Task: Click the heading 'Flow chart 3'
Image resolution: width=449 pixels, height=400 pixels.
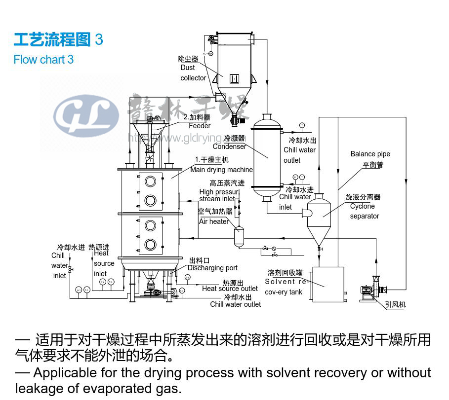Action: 43,60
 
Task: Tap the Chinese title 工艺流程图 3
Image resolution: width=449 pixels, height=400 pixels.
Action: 58,39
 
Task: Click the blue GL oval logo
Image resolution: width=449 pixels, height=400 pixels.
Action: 86,116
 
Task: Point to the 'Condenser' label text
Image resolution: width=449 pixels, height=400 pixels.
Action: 229,146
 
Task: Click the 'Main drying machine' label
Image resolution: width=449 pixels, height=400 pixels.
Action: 221,170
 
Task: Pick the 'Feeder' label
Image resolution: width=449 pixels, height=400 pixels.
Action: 200,126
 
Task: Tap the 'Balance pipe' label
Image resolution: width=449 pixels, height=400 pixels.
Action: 370,154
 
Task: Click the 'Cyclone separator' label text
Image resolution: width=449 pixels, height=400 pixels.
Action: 364,211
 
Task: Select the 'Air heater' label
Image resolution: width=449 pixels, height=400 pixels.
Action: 214,221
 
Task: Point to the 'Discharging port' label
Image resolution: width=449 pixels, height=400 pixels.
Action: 212,268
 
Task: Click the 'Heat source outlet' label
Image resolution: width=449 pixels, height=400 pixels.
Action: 230,289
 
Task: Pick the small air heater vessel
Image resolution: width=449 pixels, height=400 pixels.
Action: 239,236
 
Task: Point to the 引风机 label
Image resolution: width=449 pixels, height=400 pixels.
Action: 395,305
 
